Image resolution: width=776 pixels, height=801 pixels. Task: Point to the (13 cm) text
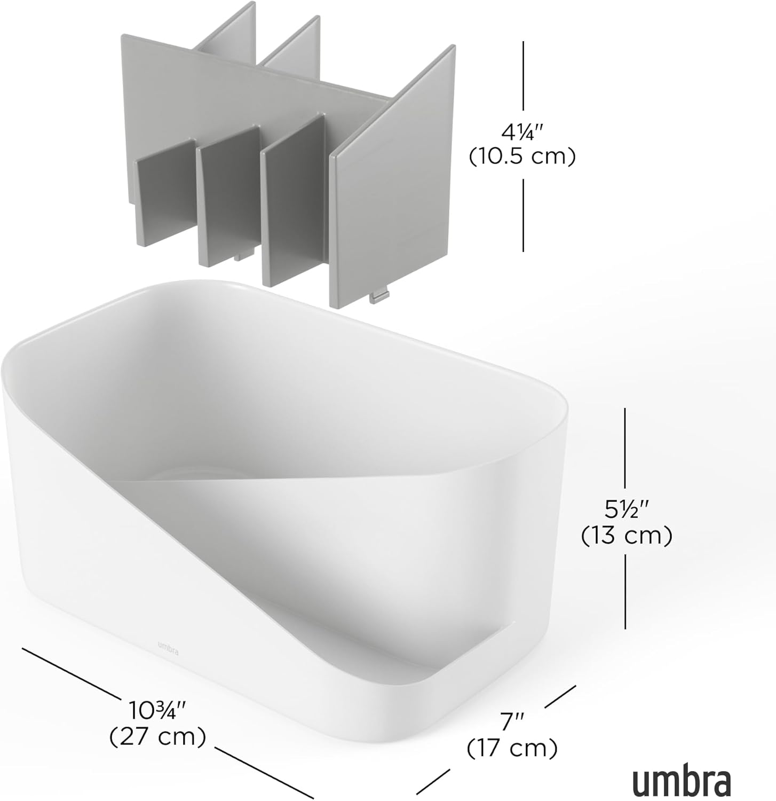[626, 536]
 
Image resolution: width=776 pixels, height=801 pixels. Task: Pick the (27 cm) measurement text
[157, 737]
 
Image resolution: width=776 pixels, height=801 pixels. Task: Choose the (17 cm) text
[512, 749]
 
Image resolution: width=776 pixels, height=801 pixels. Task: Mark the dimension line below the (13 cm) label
[625, 592]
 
